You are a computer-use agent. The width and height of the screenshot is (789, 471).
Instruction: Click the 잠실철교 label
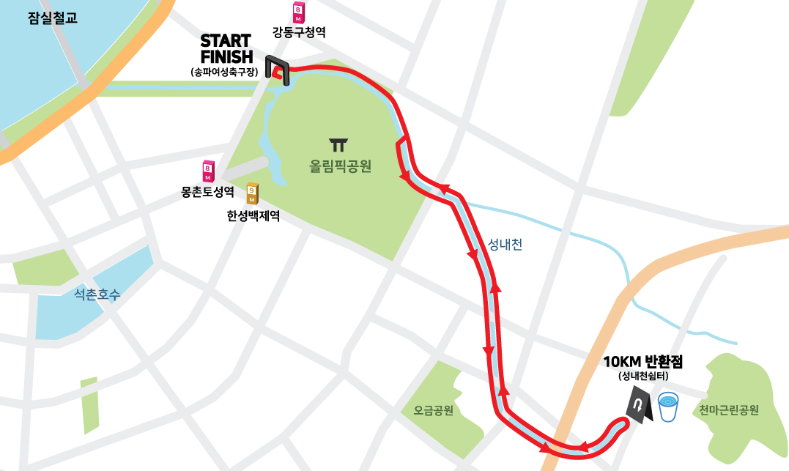(x=52, y=18)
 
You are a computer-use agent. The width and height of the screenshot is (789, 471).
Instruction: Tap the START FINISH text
(x=226, y=48)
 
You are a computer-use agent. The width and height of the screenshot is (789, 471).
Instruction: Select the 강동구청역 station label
(x=298, y=33)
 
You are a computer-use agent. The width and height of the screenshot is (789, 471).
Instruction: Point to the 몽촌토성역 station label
(x=207, y=193)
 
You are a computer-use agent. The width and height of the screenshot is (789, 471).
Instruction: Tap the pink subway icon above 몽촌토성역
(x=209, y=171)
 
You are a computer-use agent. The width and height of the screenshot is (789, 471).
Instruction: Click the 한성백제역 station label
(x=253, y=216)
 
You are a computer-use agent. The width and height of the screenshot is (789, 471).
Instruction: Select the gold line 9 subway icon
(x=252, y=193)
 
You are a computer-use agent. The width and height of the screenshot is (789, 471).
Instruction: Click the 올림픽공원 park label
(x=340, y=166)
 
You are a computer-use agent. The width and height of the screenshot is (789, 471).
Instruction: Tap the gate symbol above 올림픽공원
(x=338, y=144)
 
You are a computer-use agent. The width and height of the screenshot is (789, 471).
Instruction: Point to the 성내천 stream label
(x=505, y=245)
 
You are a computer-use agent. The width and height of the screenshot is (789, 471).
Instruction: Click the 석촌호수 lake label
(x=97, y=294)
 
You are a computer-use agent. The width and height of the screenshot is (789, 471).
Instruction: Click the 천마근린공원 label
(x=728, y=410)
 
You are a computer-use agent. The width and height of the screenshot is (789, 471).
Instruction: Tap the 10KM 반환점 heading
(x=642, y=362)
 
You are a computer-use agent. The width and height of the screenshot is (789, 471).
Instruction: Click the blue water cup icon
(x=668, y=407)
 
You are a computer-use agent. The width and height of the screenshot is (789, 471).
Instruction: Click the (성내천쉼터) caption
(x=642, y=377)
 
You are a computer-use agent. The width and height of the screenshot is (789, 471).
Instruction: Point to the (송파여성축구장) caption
(x=225, y=72)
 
